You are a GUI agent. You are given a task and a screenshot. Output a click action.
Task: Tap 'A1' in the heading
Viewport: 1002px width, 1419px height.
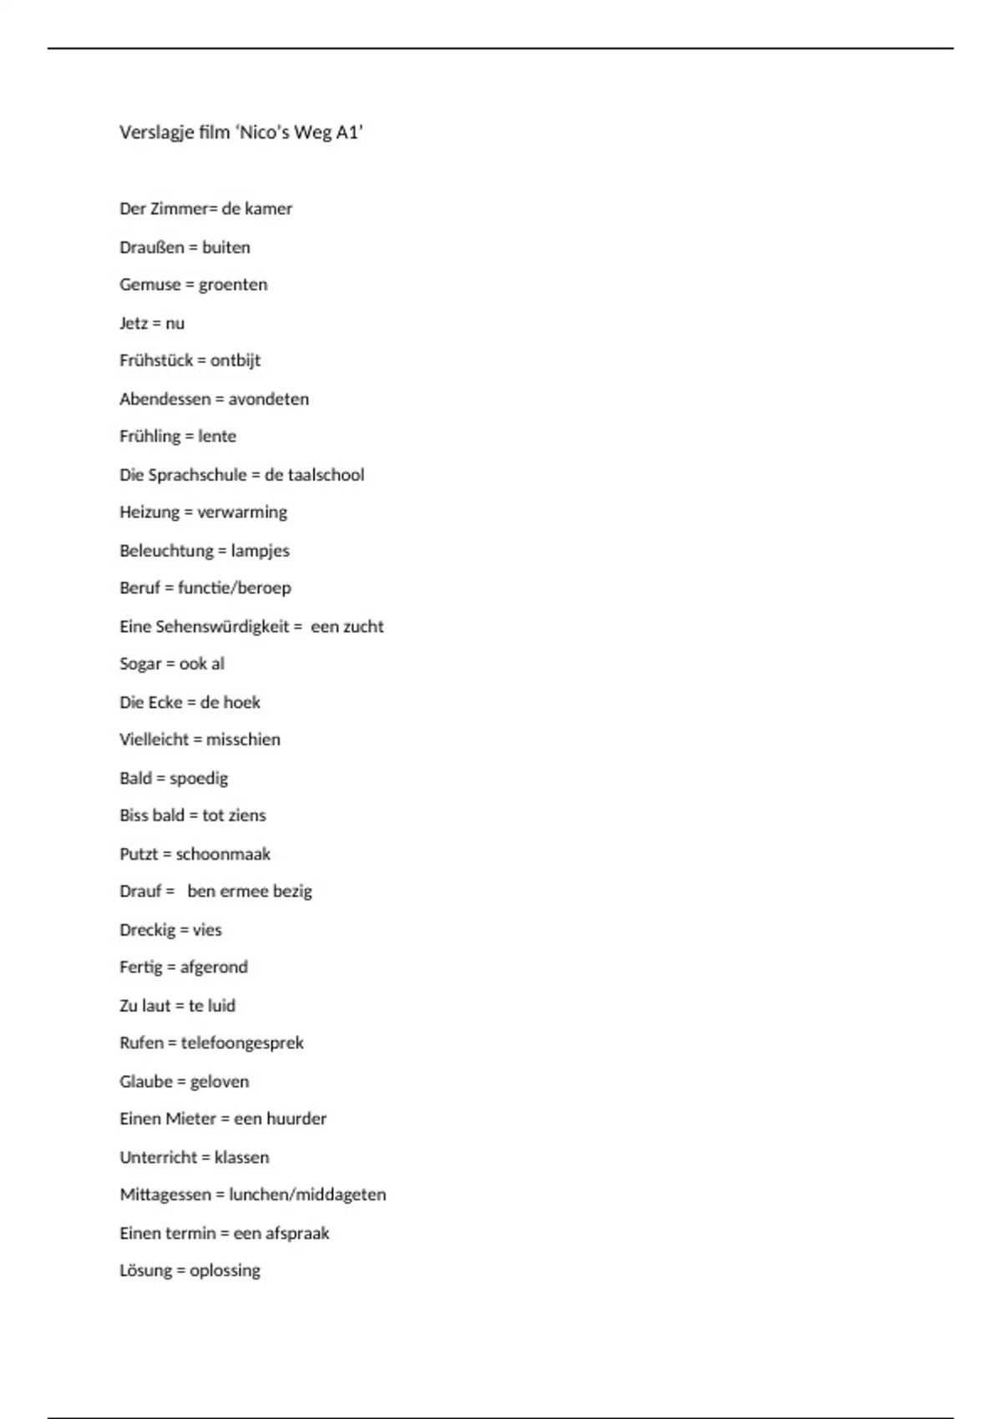click(x=349, y=133)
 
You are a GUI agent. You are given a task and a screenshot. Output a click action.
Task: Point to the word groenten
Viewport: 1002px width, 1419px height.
click(x=233, y=285)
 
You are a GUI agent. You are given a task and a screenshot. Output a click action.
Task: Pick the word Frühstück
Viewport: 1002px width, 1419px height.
click(x=156, y=361)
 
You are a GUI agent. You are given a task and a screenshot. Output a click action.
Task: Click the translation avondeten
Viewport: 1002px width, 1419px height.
click(x=268, y=399)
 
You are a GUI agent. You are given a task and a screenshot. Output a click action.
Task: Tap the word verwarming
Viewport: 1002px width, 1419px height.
click(x=241, y=513)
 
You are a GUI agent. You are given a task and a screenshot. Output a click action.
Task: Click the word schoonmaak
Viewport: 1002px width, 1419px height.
click(x=223, y=854)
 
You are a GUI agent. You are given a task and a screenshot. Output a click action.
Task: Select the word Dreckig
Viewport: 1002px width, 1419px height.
click(x=145, y=930)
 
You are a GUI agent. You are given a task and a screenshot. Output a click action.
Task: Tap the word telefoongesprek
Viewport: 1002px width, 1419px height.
click(x=242, y=1043)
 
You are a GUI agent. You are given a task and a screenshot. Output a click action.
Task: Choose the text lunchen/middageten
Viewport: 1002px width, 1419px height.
click(x=307, y=1195)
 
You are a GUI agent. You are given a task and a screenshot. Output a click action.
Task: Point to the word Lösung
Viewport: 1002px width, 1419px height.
click(x=145, y=1270)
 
